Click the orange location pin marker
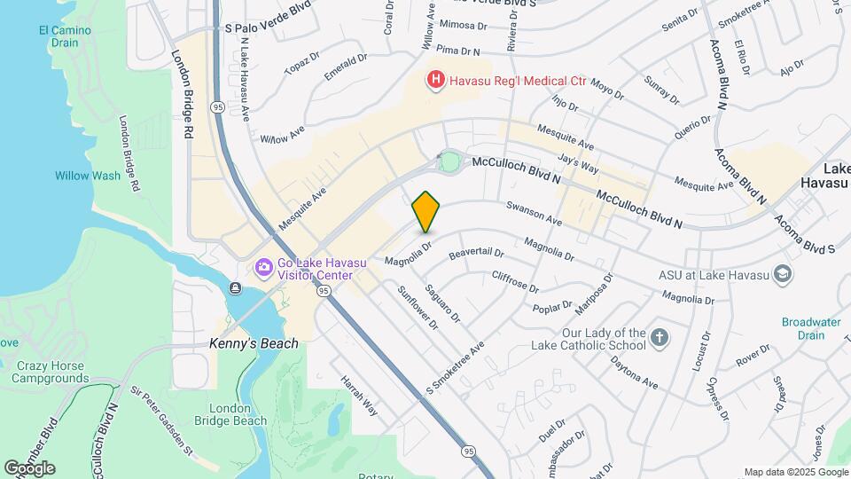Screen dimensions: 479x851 426,211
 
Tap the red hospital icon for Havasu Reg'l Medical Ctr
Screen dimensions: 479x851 435,81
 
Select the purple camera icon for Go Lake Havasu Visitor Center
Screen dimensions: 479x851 263,267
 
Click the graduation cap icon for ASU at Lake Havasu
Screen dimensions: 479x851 783,275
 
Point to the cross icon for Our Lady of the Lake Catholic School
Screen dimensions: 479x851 659,338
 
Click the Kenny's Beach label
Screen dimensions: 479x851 254,343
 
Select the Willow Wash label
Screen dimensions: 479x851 87,176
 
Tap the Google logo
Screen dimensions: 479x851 29,467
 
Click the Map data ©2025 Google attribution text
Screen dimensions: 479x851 796,472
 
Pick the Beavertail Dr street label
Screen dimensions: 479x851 476,254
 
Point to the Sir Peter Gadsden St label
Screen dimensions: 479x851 161,420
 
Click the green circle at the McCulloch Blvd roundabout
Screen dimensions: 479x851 449,162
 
